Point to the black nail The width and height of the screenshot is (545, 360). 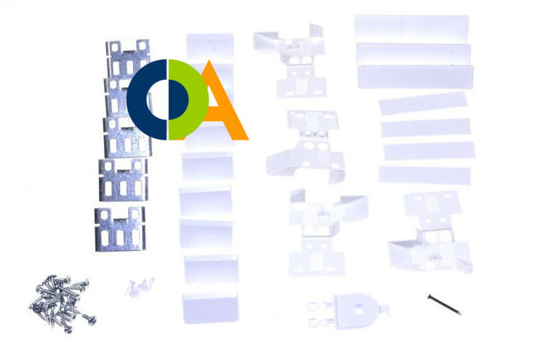click(x=445, y=305)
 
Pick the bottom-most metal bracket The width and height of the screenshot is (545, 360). click(x=120, y=228)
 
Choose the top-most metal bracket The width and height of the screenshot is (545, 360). click(x=128, y=59)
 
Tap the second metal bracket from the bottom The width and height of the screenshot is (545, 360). click(x=123, y=180)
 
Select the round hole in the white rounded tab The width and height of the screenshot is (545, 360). click(x=358, y=308)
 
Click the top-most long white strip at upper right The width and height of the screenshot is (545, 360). click(x=412, y=28)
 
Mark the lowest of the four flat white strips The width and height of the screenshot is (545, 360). click(x=424, y=175)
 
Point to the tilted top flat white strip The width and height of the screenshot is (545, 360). click(x=423, y=103)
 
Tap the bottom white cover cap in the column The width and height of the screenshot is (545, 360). click(x=210, y=307)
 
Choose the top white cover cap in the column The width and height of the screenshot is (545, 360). click(x=210, y=46)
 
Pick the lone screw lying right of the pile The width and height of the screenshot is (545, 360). click(x=88, y=319)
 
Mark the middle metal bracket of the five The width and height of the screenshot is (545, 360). click(x=127, y=138)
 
